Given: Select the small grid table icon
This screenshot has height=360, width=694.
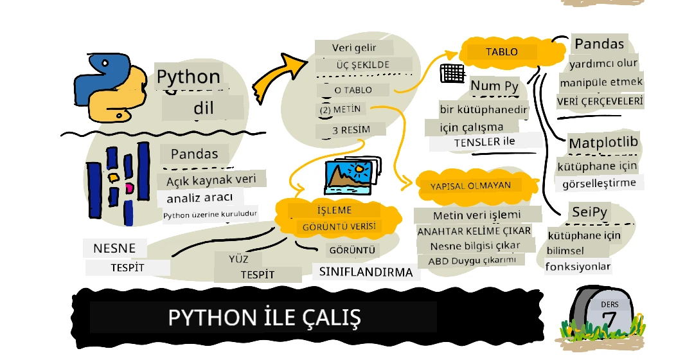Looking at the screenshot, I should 452,73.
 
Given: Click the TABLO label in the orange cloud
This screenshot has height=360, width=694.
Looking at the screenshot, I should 501,51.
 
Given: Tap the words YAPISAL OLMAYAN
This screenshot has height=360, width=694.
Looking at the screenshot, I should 470,185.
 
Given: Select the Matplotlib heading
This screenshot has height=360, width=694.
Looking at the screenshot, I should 604,142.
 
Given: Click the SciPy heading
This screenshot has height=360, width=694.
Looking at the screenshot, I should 589,212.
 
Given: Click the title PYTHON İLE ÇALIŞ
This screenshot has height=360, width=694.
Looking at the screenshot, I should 263,318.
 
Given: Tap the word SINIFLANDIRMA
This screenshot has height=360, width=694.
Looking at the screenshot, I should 366,271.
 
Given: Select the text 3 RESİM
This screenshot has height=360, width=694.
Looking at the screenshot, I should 350,130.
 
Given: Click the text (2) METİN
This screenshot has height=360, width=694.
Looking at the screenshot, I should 340,109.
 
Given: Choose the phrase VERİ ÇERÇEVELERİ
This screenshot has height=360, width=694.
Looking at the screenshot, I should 600,102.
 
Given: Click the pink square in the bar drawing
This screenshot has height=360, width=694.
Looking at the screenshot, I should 129,188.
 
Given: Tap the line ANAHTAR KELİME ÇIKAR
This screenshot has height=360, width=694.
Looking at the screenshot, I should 474,230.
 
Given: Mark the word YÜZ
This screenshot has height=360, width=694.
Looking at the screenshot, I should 238,259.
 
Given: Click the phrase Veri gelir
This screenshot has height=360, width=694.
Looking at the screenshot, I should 353,48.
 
